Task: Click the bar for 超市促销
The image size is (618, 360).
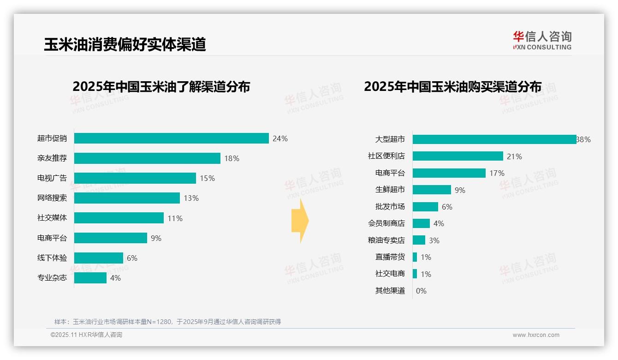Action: point(171,138)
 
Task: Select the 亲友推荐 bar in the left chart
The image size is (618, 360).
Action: point(147,158)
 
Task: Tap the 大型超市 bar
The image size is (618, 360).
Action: point(494,139)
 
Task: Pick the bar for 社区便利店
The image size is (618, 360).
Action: point(458,156)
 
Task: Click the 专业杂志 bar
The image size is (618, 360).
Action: point(90,278)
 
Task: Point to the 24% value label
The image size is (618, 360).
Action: point(280,138)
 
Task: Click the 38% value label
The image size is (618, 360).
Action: point(583,139)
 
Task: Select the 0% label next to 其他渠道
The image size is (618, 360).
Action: point(421,291)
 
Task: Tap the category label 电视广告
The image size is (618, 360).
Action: point(52,178)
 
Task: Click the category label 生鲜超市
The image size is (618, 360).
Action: point(390,190)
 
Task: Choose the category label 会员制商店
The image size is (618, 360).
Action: point(386,223)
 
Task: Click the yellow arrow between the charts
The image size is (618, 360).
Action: point(300,221)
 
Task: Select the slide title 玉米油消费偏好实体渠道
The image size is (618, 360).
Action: point(125,44)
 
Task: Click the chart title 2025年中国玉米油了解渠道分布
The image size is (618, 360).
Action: point(161,87)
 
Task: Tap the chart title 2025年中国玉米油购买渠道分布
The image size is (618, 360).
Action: point(452,87)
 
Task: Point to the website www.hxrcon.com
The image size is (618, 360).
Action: point(535,335)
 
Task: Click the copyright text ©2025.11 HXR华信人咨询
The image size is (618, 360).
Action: point(86,335)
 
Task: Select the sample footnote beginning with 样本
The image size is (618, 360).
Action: point(167,322)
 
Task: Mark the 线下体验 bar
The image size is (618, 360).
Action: point(99,258)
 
